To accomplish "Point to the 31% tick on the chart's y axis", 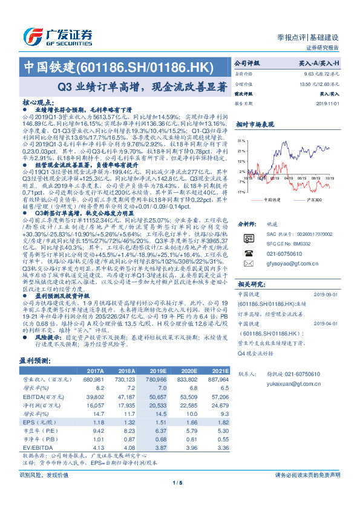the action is tap(241, 140).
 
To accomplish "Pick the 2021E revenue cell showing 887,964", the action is tap(217, 378).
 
